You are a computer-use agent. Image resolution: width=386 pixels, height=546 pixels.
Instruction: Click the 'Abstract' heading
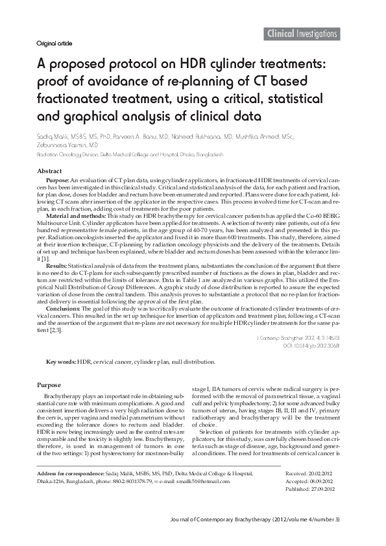(49, 171)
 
